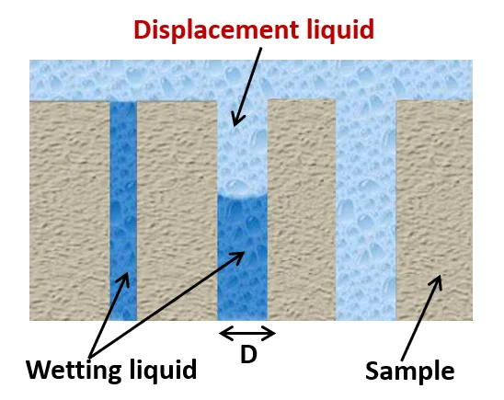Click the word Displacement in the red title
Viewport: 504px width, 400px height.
(216, 29)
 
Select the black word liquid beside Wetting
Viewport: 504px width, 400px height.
(164, 371)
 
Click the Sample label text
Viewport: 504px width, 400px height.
(410, 371)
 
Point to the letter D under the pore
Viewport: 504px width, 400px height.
(248, 355)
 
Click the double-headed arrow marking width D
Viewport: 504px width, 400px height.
(246, 333)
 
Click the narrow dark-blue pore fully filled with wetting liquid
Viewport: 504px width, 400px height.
(123, 211)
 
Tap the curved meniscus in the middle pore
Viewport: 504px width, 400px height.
(243, 198)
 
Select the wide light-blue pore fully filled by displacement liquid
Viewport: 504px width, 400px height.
(366, 210)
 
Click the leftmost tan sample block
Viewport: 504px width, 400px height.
(70, 211)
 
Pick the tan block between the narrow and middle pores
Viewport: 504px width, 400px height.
(178, 211)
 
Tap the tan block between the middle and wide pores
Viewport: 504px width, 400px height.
(302, 210)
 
